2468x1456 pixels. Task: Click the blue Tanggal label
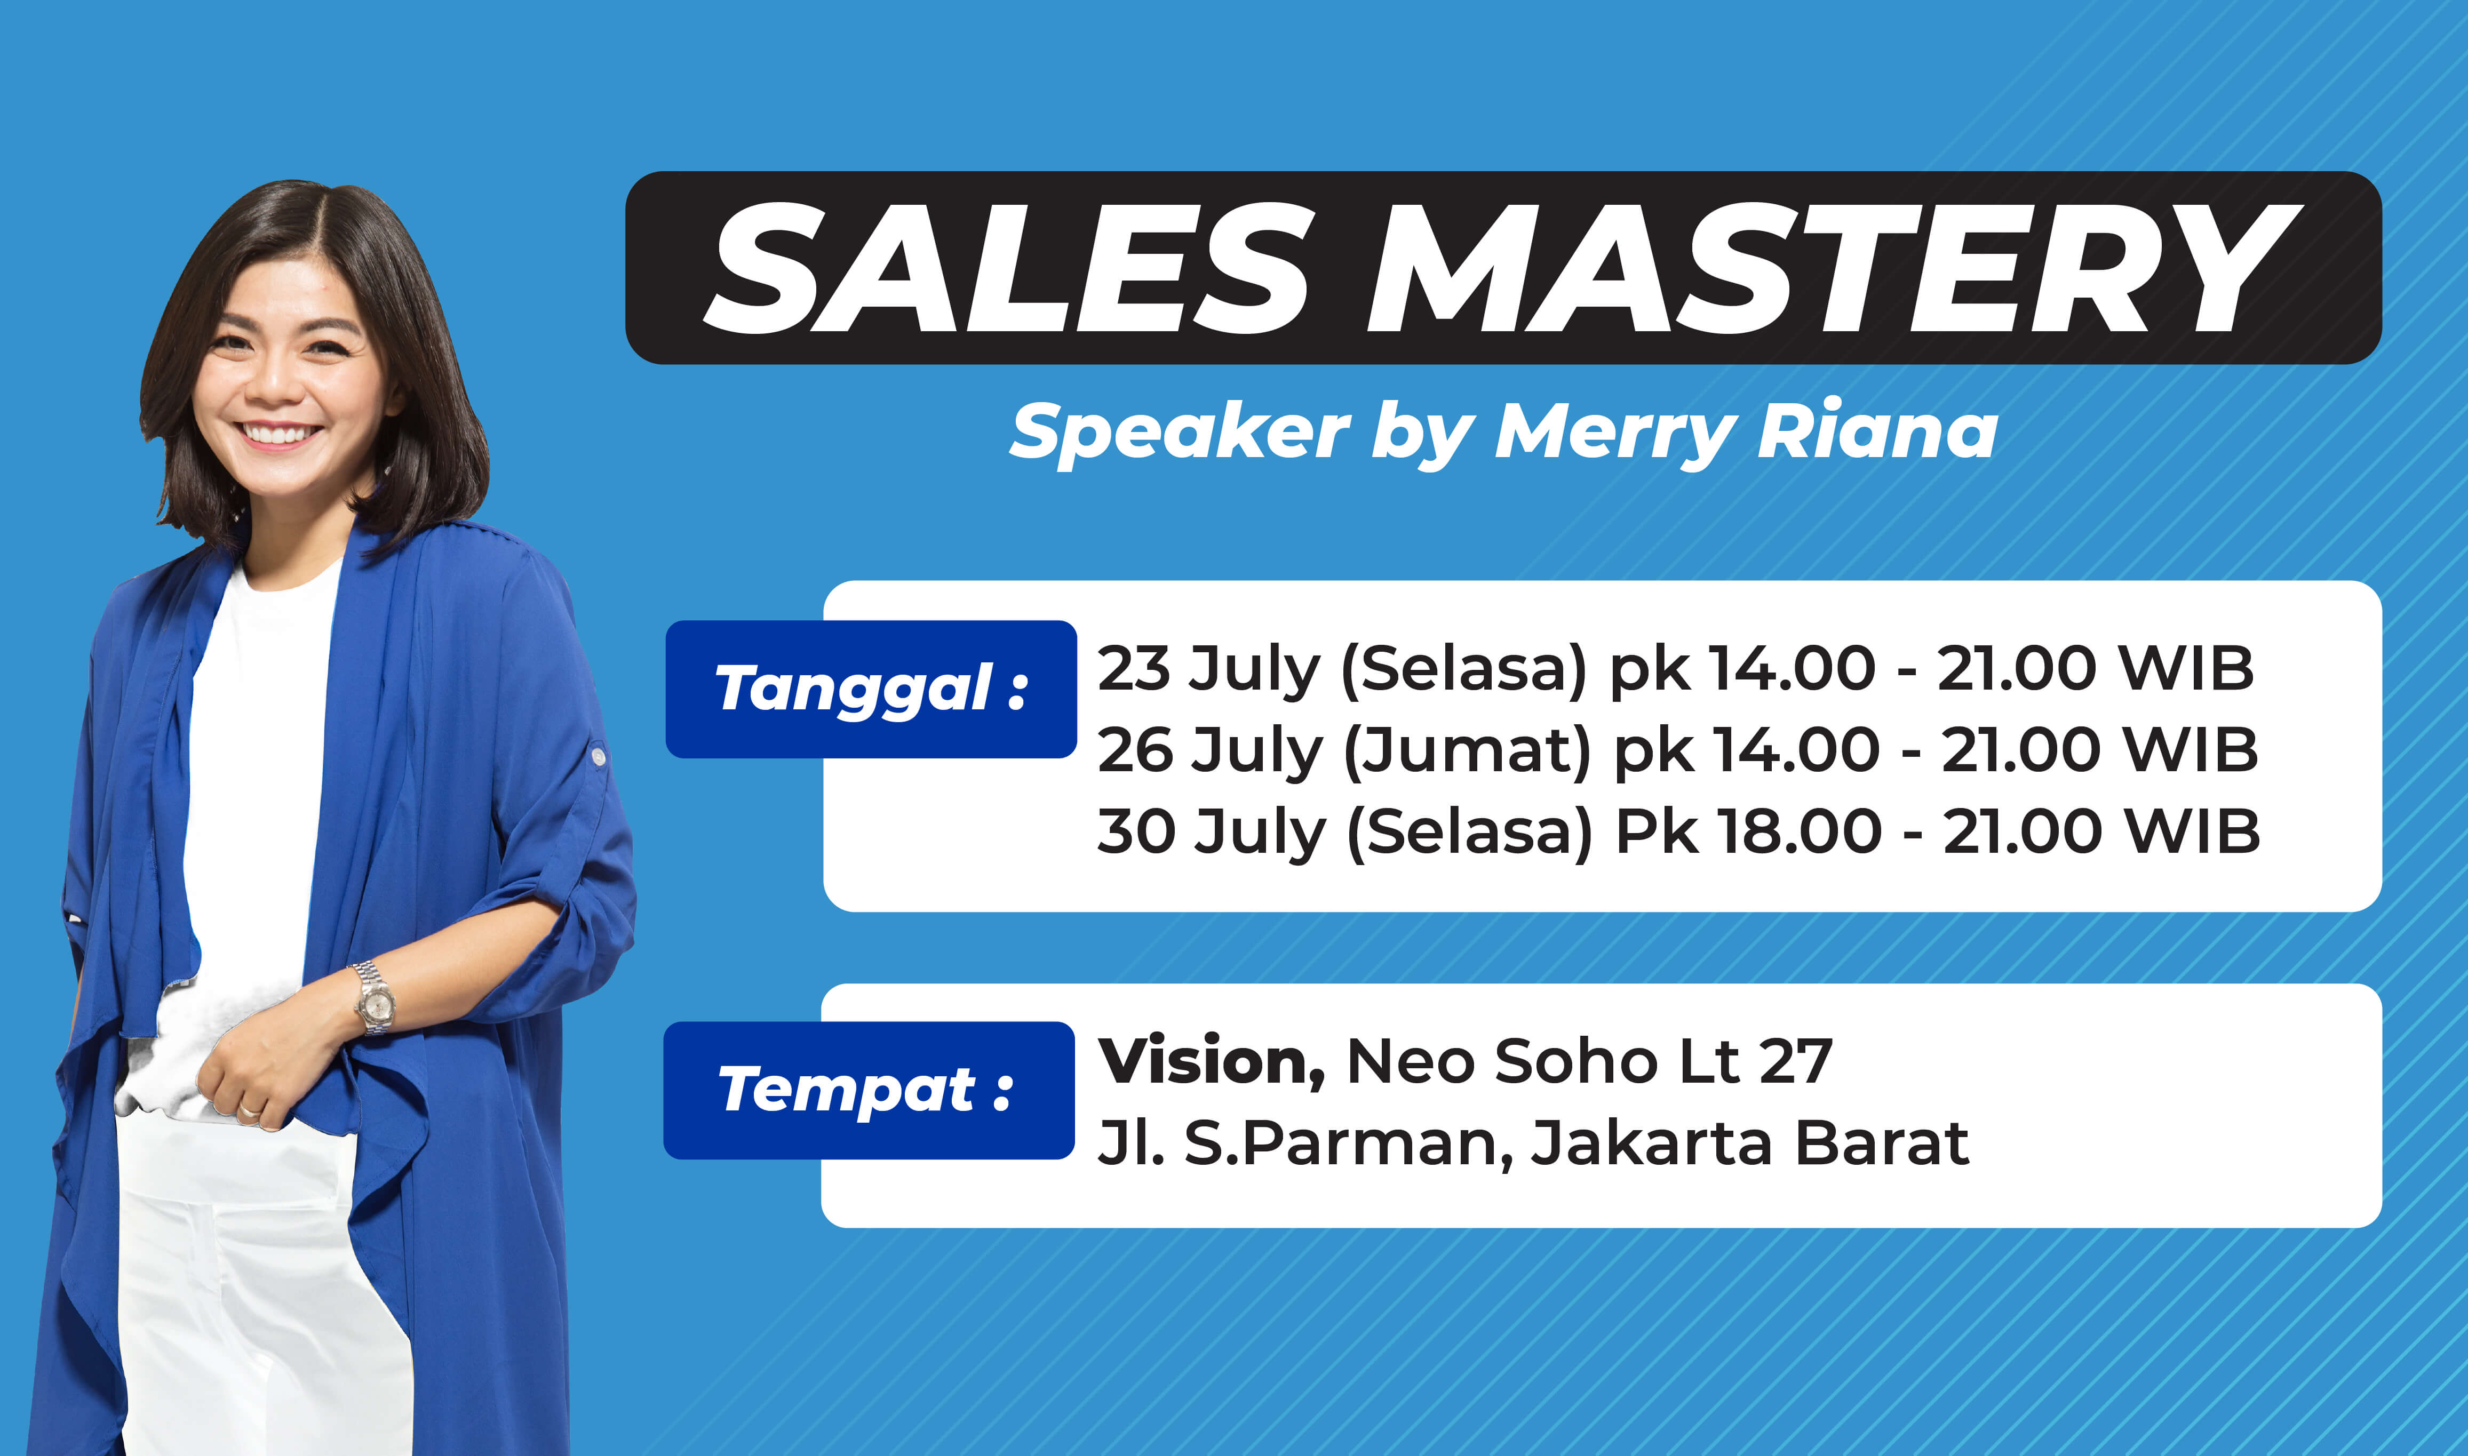[871, 689]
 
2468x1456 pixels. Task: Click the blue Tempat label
[869, 1090]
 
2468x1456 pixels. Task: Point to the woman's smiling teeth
[281, 433]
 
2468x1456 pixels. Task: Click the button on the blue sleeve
[598, 756]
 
